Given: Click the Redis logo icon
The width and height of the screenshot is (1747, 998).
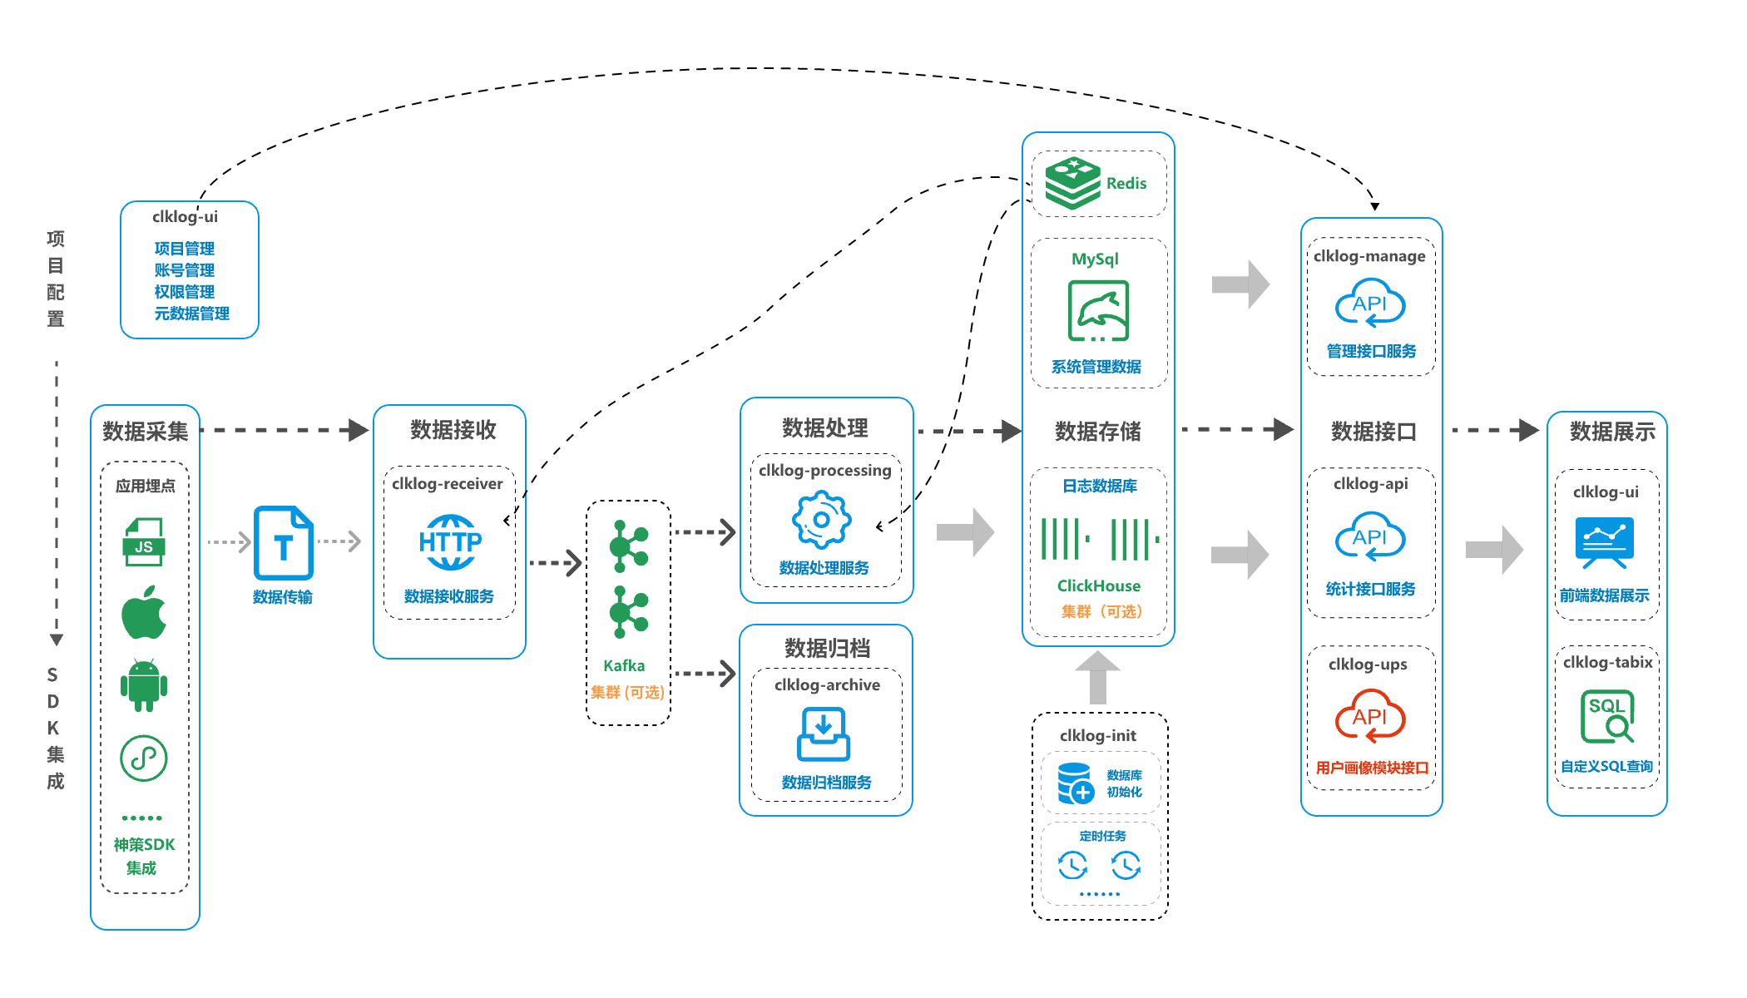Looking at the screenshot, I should pyautogui.click(x=1072, y=183).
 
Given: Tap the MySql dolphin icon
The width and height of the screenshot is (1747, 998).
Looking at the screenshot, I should pyautogui.click(x=1098, y=311).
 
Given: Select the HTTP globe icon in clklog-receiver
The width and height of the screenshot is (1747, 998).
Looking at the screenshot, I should pyautogui.click(x=450, y=541).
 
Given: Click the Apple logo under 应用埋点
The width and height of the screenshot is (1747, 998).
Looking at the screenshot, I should pyautogui.click(x=144, y=612).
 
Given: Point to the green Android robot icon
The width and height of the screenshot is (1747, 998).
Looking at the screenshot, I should pyautogui.click(x=144, y=685).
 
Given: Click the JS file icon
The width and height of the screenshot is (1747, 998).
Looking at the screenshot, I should pyautogui.click(x=144, y=541).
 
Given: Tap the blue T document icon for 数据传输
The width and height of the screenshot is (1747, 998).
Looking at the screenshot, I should pyautogui.click(x=283, y=543).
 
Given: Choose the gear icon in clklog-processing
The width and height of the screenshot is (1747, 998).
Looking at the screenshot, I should pyautogui.click(x=821, y=520).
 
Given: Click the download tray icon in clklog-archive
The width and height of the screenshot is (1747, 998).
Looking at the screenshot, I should pyautogui.click(x=823, y=734).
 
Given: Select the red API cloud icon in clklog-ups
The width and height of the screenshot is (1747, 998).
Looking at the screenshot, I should pyautogui.click(x=1369, y=716).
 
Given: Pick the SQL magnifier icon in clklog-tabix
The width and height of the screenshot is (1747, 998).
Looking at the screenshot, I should pyautogui.click(x=1607, y=715).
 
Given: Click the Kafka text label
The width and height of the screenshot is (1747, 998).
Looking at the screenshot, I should pyautogui.click(x=624, y=665).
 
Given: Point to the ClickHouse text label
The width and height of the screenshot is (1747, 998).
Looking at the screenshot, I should pyautogui.click(x=1098, y=585).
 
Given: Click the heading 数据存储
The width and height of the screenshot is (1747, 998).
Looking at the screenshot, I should pyautogui.click(x=1098, y=431).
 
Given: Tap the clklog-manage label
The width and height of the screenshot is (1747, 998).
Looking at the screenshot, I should pyautogui.click(x=1369, y=256).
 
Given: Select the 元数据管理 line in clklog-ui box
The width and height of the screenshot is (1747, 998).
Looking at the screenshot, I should pyautogui.click(x=191, y=314).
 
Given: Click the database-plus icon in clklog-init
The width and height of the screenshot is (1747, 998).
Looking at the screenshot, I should pyautogui.click(x=1074, y=783).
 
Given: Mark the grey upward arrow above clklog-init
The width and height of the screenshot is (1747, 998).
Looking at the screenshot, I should pyautogui.click(x=1097, y=676).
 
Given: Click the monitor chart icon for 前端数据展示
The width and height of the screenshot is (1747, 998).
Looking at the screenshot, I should pyautogui.click(x=1604, y=541).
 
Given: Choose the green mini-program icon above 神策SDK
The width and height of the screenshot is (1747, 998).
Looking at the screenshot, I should pyautogui.click(x=144, y=758).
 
